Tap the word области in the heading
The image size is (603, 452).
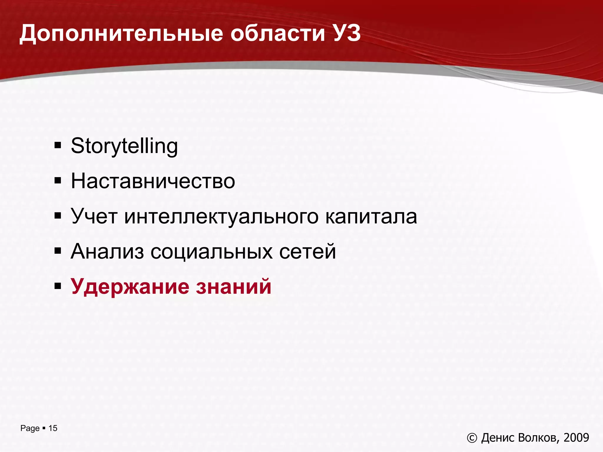pyautogui.click(x=278, y=34)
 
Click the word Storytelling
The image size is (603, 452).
pyautogui.click(x=124, y=146)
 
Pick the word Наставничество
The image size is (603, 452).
pyautogui.click(x=153, y=181)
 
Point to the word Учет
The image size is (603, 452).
pyautogui.click(x=94, y=216)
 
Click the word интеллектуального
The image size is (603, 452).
pyautogui.click(x=221, y=217)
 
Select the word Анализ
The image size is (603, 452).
pyautogui.click(x=107, y=252)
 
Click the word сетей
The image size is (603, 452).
pyautogui.click(x=307, y=252)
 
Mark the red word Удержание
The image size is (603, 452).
pyautogui.click(x=130, y=287)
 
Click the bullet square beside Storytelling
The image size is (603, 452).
pyautogui.click(x=58, y=145)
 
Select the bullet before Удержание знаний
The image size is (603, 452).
pyautogui.click(x=58, y=286)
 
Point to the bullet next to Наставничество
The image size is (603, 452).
pyautogui.click(x=58, y=180)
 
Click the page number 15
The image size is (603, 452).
pyautogui.click(x=53, y=428)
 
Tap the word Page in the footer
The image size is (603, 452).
pyautogui.click(x=30, y=428)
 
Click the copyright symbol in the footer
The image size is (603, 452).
pyautogui.click(x=472, y=438)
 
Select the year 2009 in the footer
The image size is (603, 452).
pyautogui.click(x=576, y=438)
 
